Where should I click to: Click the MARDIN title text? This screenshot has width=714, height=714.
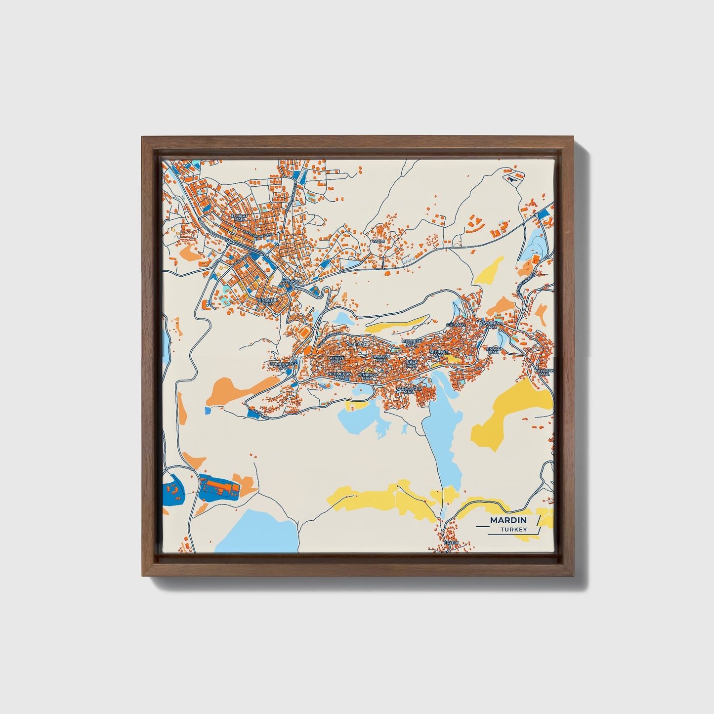508,520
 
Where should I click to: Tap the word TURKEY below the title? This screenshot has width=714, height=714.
513,530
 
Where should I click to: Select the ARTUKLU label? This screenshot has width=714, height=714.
291,281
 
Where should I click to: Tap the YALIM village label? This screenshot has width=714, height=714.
378,241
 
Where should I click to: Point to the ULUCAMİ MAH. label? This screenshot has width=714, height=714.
380,358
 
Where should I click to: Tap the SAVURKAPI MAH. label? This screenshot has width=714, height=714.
491,325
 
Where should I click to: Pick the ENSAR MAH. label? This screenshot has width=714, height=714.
494,350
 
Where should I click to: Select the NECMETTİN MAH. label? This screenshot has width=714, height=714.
339,376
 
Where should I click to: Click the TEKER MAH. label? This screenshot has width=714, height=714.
411,364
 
